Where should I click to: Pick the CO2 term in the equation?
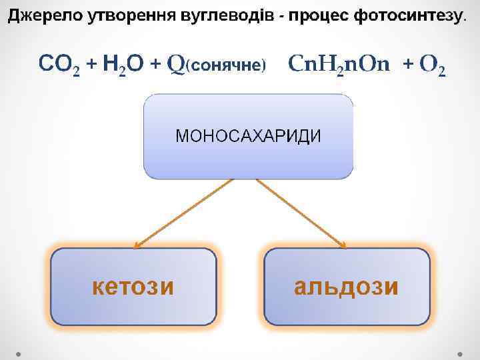click(x=59, y=65)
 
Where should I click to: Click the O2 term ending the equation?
click(x=434, y=65)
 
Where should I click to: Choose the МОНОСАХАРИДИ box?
click(x=248, y=137)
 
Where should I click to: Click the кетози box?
click(x=133, y=287)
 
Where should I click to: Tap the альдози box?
click(x=347, y=287)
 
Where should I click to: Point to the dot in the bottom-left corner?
click(x=19, y=352)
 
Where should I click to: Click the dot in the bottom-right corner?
click(x=462, y=352)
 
